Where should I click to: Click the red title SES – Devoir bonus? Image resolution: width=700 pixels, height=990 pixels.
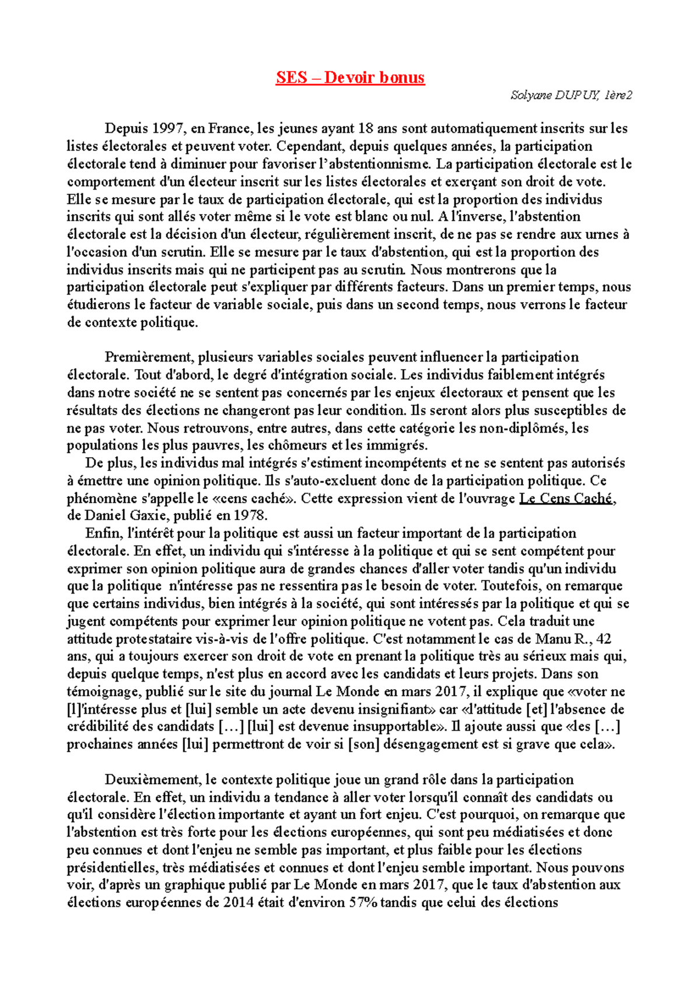pyautogui.click(x=350, y=78)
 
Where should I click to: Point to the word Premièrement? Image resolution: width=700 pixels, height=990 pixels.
pyautogui.click(x=149, y=357)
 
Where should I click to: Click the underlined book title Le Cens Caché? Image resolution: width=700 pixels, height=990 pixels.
pyautogui.click(x=565, y=498)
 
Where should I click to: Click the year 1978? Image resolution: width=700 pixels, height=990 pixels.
pyautogui.click(x=250, y=515)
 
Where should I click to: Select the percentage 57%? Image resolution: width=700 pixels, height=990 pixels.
pyautogui.click(x=363, y=903)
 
